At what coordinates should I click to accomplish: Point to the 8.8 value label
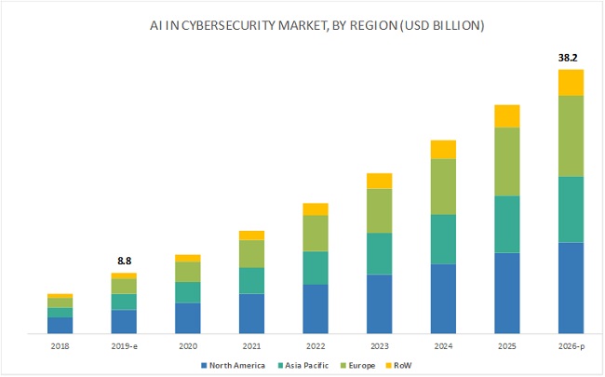[124, 262]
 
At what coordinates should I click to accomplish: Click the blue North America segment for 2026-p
[571, 287]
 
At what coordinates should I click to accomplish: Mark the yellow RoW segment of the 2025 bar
[507, 115]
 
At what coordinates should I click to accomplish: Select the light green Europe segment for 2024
[443, 186]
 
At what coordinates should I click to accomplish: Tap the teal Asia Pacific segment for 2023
[379, 253]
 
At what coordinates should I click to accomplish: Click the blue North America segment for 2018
[60, 325]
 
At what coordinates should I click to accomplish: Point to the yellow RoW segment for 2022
[316, 209]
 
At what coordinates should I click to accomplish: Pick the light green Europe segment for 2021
[251, 253]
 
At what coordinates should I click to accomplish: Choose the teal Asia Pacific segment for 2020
[188, 292]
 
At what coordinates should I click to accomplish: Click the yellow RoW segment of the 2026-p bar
[571, 82]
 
